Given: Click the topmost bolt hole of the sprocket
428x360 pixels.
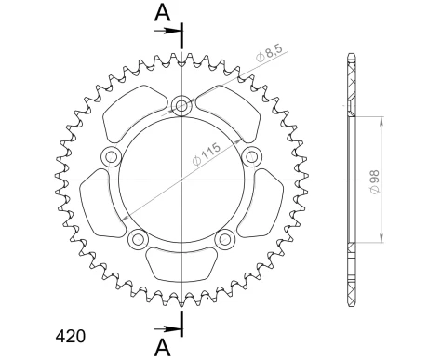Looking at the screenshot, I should (181, 105).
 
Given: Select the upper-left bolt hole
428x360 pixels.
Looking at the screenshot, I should (113, 155).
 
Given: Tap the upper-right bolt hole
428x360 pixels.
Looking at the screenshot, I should (249, 154).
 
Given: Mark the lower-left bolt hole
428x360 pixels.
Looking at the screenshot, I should (139, 239).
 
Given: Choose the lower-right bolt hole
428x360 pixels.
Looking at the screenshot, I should (224, 239).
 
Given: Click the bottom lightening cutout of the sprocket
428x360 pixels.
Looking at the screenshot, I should (181, 264).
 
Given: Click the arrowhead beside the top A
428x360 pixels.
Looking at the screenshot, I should (174, 31).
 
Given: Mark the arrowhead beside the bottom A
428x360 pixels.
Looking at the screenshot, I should (174, 327).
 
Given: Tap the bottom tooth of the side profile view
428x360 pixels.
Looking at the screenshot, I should (352, 296).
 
